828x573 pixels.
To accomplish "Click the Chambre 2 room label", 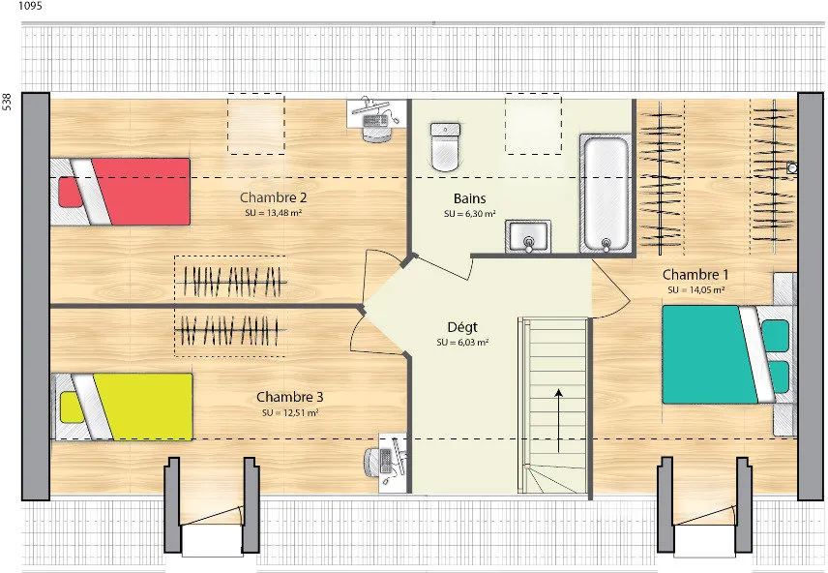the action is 273,197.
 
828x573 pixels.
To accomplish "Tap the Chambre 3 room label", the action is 290,397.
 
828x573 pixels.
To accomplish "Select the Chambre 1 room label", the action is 695,275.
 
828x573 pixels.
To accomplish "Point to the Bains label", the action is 469,198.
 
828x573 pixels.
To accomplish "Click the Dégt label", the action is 462,328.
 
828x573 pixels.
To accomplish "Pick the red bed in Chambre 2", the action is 120,192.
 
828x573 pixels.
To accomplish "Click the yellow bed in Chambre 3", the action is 122,407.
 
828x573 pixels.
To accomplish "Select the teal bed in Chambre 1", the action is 728,354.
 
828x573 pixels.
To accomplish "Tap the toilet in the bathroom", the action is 445,147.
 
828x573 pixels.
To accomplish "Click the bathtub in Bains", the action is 606,194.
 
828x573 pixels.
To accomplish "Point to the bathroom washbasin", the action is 527,236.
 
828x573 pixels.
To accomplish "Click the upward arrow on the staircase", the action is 558,421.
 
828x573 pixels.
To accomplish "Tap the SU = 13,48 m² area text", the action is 273,213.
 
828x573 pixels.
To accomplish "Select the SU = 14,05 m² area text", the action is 696,290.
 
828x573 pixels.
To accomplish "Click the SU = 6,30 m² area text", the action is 469,214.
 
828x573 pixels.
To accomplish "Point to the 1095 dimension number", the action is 30,7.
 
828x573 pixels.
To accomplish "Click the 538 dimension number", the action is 7,102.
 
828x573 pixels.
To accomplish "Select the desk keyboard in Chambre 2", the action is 375,121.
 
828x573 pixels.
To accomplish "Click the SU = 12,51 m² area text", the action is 290,413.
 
